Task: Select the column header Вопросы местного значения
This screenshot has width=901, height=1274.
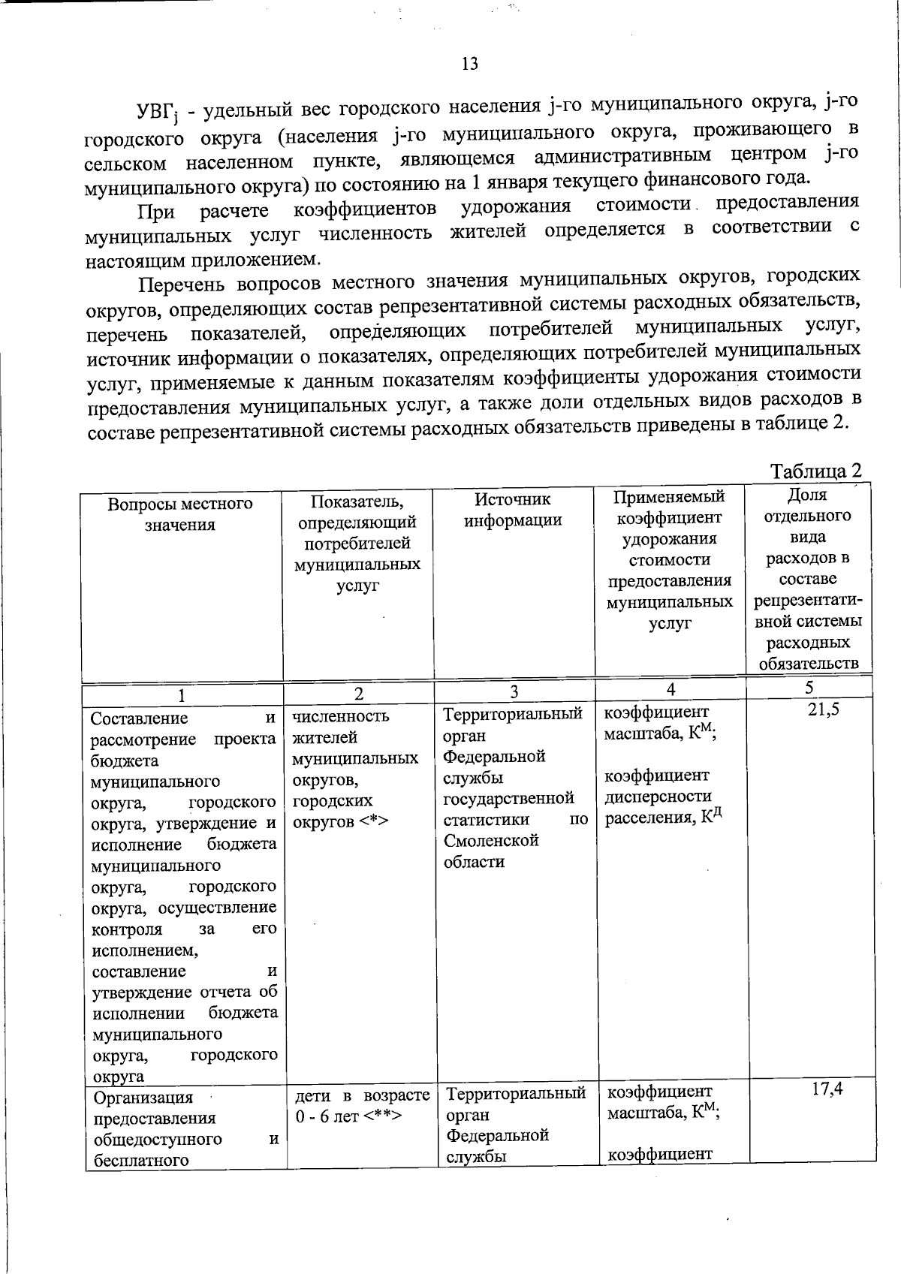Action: tap(180, 514)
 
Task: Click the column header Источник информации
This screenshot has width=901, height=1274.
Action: tap(513, 509)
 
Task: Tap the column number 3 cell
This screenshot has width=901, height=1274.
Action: tap(514, 691)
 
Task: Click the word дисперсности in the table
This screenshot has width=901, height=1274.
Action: tap(658, 796)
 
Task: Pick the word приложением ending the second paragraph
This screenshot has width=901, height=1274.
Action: tap(261, 260)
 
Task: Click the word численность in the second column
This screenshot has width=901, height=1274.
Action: tap(340, 716)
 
